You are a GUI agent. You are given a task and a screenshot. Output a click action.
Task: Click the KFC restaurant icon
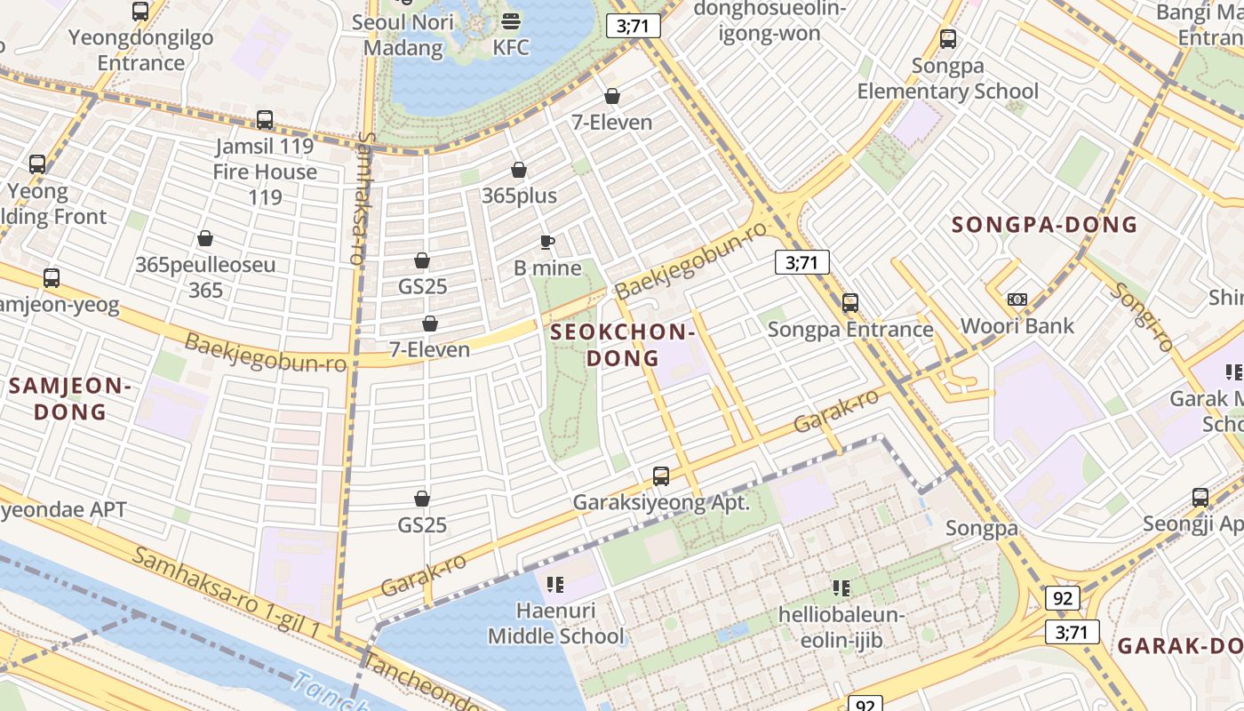511,20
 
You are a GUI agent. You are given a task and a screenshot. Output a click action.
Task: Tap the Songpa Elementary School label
947,79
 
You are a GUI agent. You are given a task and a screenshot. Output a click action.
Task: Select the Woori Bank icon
1017,300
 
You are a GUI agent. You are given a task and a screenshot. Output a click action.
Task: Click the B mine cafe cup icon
547,242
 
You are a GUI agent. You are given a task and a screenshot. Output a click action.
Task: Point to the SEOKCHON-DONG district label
621,345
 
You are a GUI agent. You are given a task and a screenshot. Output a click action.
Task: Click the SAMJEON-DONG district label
70,398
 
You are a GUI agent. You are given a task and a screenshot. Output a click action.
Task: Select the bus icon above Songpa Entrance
850,303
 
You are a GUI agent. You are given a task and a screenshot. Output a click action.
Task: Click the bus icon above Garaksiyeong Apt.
661,475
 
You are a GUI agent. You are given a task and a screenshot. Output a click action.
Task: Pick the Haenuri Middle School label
556,623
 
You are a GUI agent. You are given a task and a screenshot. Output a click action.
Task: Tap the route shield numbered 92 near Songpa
1063,598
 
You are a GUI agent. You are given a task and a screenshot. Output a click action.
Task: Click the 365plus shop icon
519,170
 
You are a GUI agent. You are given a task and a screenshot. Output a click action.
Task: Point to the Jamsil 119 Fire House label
265,159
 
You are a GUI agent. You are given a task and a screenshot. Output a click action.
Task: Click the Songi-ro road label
1143,316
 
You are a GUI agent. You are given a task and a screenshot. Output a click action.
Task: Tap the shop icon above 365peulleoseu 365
205,238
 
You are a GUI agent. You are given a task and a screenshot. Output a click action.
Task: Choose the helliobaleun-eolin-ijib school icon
841,587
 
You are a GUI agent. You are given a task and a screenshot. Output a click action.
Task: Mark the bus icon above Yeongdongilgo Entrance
140,12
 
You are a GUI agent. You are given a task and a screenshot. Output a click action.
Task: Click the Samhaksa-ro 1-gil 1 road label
227,591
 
